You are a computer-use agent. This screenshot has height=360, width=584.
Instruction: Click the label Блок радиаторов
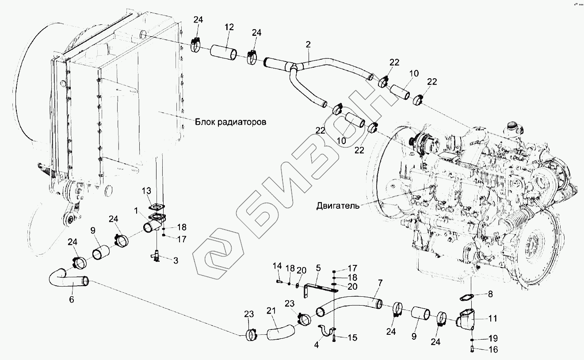pyautogui.click(x=231, y=122)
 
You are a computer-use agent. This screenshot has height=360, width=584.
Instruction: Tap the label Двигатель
pyautogui.click(x=338, y=205)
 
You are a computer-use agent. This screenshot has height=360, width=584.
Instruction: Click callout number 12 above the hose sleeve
pyautogui.click(x=229, y=27)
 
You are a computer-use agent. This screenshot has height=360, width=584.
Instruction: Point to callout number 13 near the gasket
pyautogui.click(x=146, y=191)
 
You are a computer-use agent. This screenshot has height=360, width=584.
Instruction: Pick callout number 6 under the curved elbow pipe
pyautogui.click(x=72, y=299)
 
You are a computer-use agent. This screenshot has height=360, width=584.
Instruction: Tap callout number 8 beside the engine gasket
pyautogui.click(x=490, y=293)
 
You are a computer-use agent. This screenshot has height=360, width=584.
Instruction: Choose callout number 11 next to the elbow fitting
pyautogui.click(x=493, y=318)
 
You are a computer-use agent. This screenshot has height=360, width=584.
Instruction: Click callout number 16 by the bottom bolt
pyautogui.click(x=493, y=350)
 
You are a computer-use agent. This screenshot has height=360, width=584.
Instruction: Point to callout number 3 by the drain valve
pyautogui.click(x=176, y=260)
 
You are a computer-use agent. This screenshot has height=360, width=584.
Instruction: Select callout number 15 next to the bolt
pyautogui.click(x=352, y=338)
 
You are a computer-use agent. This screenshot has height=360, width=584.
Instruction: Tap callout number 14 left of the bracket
pyautogui.click(x=277, y=266)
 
